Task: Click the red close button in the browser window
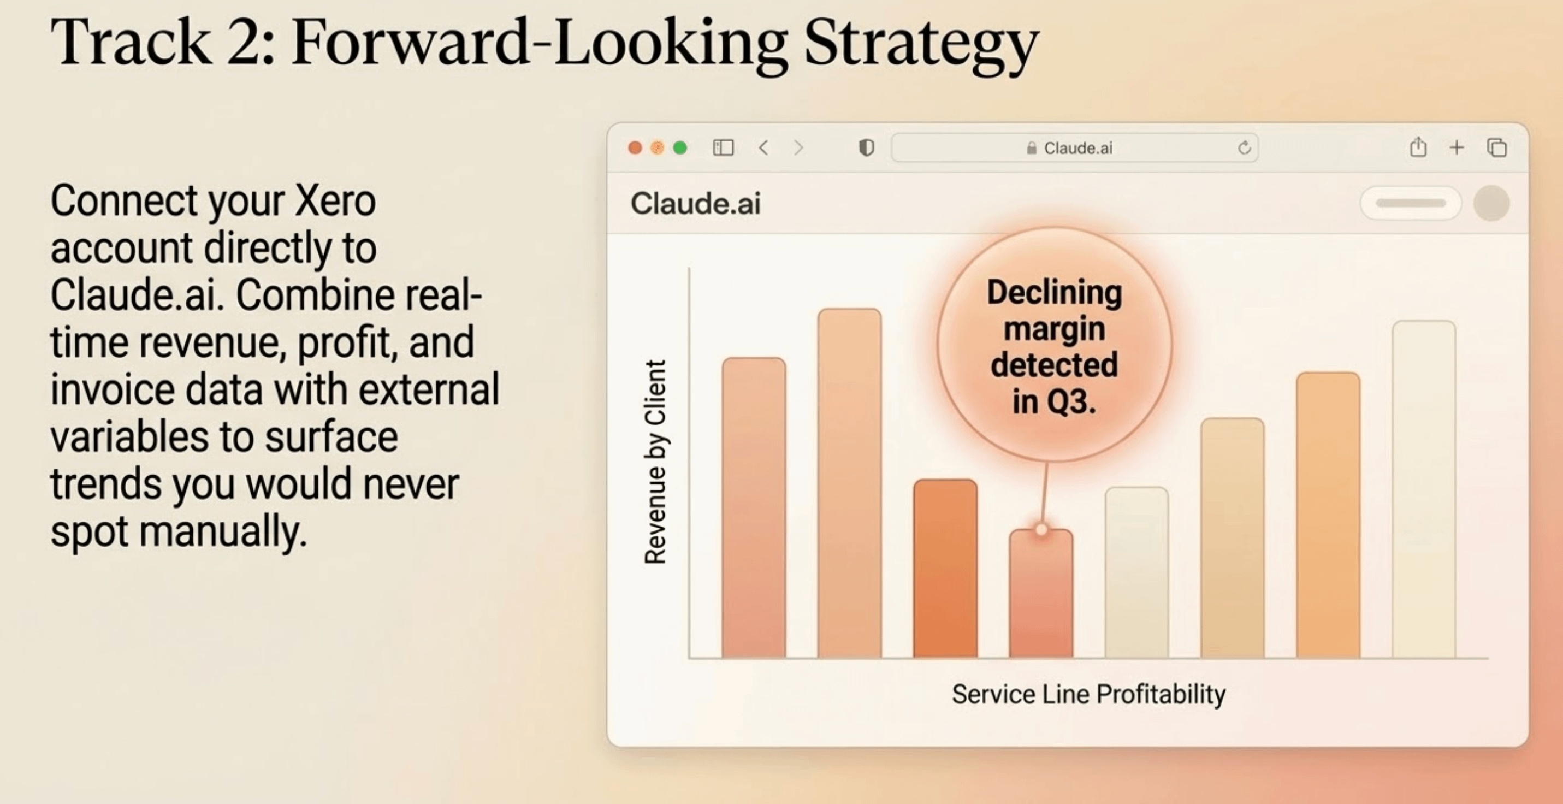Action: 635,148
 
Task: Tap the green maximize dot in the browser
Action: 680,148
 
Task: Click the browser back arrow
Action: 764,147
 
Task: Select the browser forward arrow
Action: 798,147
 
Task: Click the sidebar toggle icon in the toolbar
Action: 723,147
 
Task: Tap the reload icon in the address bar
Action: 1245,148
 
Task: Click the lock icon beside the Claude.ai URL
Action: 1032,148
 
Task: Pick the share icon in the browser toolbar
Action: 1418,147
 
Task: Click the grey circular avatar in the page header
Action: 1491,203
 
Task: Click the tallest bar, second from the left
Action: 849,483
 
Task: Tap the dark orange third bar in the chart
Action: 945,569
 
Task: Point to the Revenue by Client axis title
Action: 655,463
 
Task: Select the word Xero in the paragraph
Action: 335,200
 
